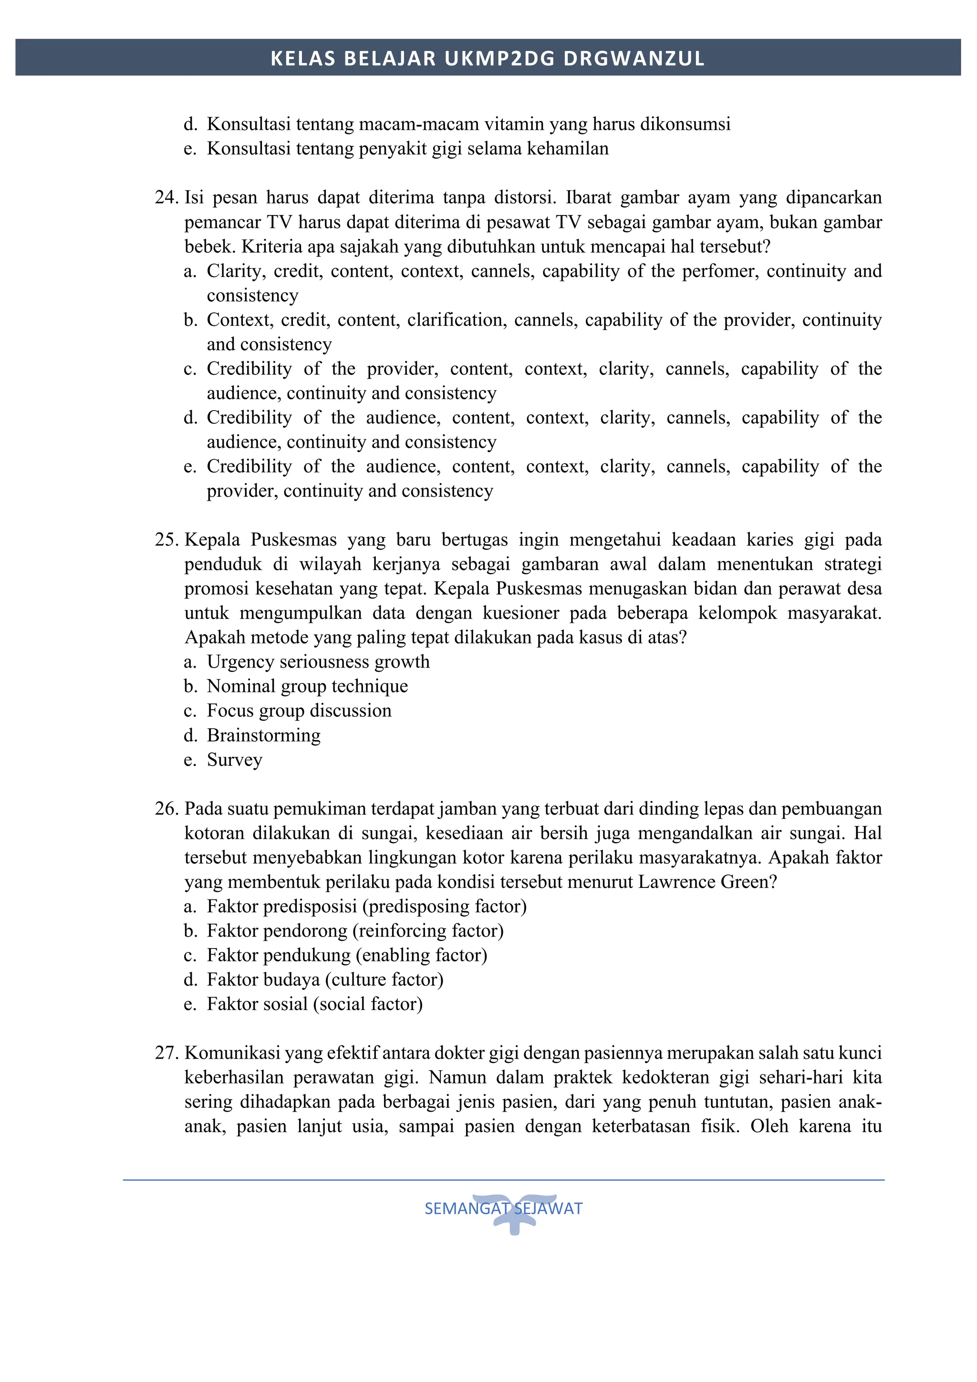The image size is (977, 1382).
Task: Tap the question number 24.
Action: [x=166, y=197]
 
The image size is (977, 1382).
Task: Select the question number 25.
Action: [x=166, y=539]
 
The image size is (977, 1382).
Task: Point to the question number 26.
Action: [x=166, y=808]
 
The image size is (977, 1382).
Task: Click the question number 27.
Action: [x=166, y=1053]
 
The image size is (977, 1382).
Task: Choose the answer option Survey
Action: [x=234, y=760]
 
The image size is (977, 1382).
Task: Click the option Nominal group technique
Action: [x=307, y=686]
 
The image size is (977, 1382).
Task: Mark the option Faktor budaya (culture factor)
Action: [x=324, y=980]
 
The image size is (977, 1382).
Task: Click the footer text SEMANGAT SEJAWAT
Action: [x=503, y=1208]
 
